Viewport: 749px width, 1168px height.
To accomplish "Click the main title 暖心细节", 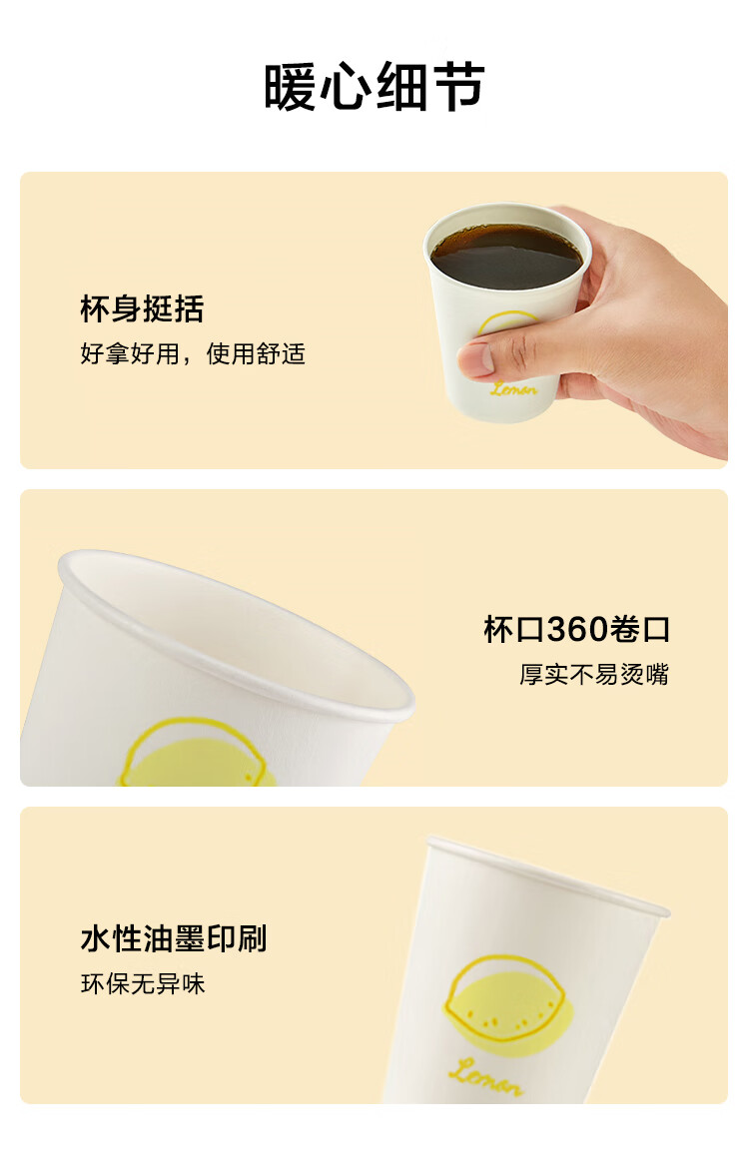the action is pyautogui.click(x=374, y=87).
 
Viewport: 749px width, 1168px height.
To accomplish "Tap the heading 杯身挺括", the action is pyautogui.click(x=142, y=309).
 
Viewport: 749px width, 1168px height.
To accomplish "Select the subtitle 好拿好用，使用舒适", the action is pyautogui.click(x=193, y=353).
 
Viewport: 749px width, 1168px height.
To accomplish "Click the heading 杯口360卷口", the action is pyautogui.click(x=577, y=630).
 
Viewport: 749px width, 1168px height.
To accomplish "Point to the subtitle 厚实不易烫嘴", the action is pyautogui.click(x=595, y=674).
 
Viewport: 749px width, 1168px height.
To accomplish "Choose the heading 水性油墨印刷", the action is pyautogui.click(x=173, y=938).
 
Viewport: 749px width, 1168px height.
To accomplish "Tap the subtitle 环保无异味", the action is pyautogui.click(x=143, y=984).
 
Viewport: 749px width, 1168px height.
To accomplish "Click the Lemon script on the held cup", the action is pyautogui.click(x=514, y=388).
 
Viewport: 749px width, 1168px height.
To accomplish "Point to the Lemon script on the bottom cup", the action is pyautogui.click(x=485, y=1077).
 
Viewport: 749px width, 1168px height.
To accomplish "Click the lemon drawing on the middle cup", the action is pyautogui.click(x=197, y=753).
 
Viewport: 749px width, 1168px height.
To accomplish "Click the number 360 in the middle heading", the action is pyautogui.click(x=577, y=630).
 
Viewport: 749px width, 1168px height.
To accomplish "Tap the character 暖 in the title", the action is pyautogui.click(x=291, y=88).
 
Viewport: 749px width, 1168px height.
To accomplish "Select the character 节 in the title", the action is pyautogui.click(x=459, y=88).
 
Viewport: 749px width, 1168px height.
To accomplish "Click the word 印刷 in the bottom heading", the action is pyautogui.click(x=237, y=938).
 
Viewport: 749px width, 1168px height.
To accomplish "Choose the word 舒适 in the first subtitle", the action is pyautogui.click(x=281, y=353).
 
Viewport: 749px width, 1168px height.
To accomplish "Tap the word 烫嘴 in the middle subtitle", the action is pyautogui.click(x=645, y=674).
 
